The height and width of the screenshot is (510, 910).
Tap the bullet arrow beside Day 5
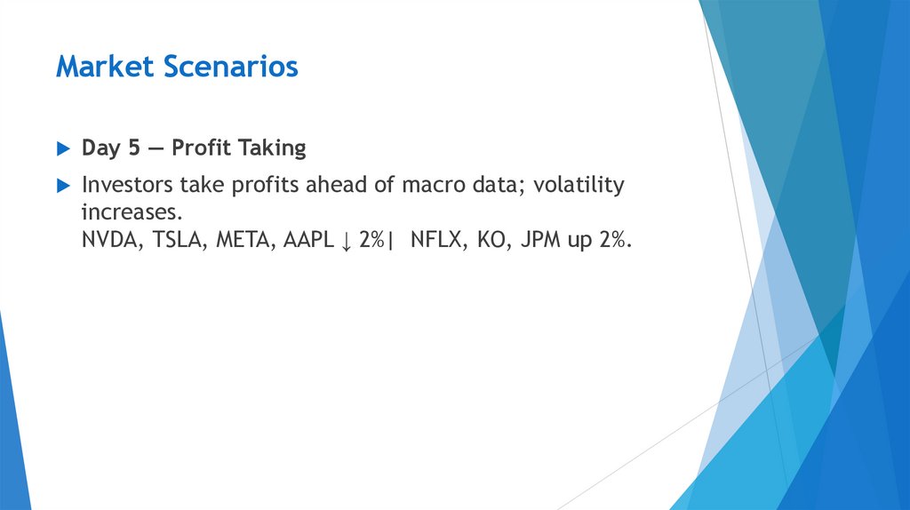point(62,148)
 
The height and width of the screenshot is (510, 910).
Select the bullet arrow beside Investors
point(62,186)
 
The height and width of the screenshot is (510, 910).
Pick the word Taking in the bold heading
point(274,148)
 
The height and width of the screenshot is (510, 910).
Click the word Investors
point(130,186)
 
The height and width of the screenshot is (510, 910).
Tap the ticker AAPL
point(307,242)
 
